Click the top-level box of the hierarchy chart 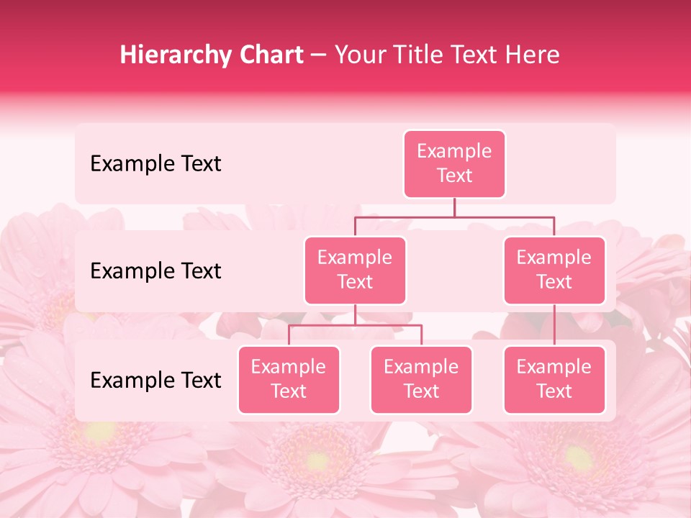pyautogui.click(x=454, y=163)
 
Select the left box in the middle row pyautogui.click(x=355, y=270)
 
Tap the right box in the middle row pyautogui.click(x=554, y=270)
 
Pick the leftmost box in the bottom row pyautogui.click(x=289, y=379)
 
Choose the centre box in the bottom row pyautogui.click(x=421, y=379)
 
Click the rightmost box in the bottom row pyautogui.click(x=554, y=379)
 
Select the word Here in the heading pyautogui.click(x=533, y=55)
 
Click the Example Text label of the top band pyautogui.click(x=155, y=164)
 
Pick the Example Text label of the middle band pyautogui.click(x=155, y=271)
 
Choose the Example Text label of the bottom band pyautogui.click(x=155, y=381)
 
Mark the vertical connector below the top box pyautogui.click(x=454, y=207)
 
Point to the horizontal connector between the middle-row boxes pyautogui.click(x=454, y=217)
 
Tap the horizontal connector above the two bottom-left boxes pyautogui.click(x=355, y=325)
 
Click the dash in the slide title pyautogui.click(x=319, y=55)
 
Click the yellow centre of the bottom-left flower pyautogui.click(x=99, y=432)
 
